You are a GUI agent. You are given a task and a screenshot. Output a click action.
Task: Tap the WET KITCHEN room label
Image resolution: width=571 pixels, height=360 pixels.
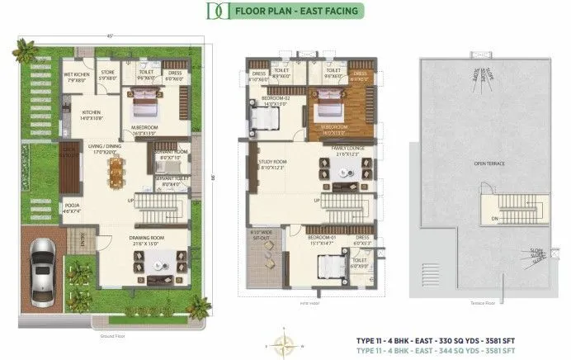(x=77, y=77)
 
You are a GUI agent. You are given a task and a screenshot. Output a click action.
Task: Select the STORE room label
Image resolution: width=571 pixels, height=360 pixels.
(x=108, y=75)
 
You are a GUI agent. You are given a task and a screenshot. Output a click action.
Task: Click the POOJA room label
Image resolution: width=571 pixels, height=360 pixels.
(x=73, y=208)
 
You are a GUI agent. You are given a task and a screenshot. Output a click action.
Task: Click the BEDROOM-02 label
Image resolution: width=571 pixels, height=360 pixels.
(x=274, y=102)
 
